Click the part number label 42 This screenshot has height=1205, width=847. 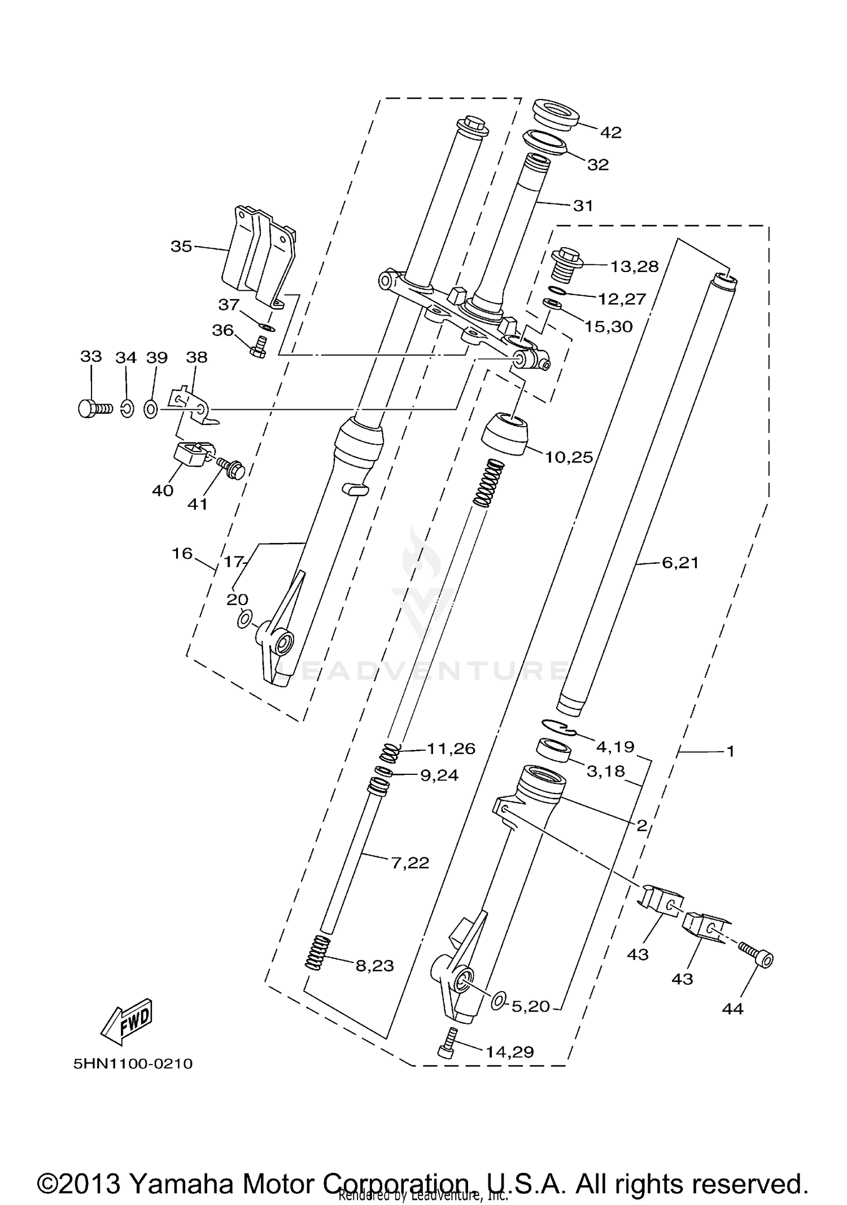point(610,132)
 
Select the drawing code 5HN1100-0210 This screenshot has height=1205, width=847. point(133,1064)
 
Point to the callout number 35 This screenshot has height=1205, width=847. point(181,247)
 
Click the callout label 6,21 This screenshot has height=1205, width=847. point(680,562)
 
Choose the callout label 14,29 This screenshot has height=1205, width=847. point(510,1051)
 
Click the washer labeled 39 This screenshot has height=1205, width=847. point(151,407)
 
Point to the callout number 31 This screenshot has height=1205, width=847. point(583,205)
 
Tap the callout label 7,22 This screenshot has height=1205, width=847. point(410,862)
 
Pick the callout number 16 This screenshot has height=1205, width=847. point(182,553)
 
